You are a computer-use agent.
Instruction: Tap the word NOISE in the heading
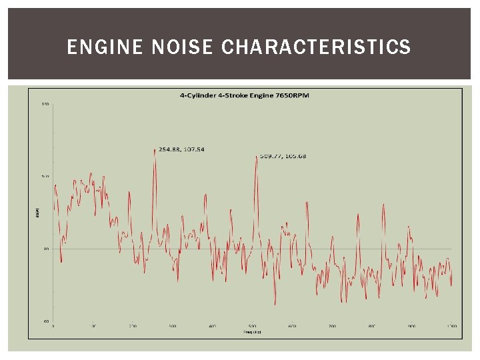pos(173,47)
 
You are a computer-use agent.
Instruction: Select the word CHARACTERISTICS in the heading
pos(316,47)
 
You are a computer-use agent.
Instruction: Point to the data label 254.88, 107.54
pos(181,149)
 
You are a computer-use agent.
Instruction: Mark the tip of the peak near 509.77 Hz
pos(257,156)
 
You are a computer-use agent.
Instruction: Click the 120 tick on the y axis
pos(45,104)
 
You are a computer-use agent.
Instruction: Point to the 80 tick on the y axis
pos(46,249)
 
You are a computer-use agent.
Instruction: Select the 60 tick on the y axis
pos(46,321)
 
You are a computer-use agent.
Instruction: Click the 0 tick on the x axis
pos(53,327)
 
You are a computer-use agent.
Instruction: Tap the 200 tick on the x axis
pos(133,327)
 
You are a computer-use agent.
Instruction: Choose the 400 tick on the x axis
pos(213,327)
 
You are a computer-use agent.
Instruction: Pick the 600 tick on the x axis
pos(292,327)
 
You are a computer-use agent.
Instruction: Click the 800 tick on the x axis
pos(372,327)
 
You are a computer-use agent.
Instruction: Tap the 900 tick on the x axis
pos(412,327)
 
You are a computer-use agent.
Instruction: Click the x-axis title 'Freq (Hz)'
pos(252,331)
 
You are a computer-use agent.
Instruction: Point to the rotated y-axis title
pos(37,213)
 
